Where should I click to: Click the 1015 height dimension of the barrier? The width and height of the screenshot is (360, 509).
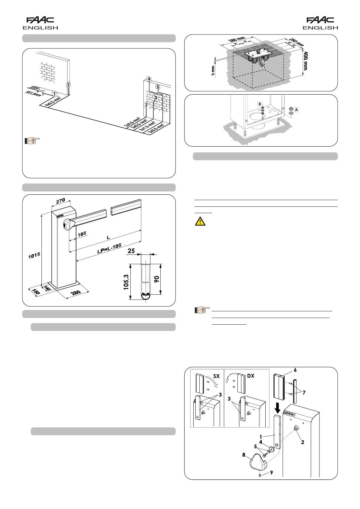point(34,255)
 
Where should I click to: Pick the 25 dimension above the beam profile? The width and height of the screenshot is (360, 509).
point(131,251)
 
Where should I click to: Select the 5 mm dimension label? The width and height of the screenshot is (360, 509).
point(213,70)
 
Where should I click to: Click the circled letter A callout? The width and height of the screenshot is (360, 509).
point(296,110)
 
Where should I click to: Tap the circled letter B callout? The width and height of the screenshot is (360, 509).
point(260,104)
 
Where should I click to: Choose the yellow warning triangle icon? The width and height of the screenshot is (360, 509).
point(200,222)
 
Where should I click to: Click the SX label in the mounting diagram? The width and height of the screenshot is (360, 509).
point(216,376)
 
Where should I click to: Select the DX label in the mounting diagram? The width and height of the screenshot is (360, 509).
point(251,376)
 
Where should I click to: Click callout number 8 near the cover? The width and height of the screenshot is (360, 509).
point(244,455)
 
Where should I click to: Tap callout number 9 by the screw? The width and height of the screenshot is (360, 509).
point(271,473)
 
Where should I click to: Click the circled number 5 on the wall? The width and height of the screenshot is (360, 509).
point(158,87)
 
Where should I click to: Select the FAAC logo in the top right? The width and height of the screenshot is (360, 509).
point(320,20)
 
